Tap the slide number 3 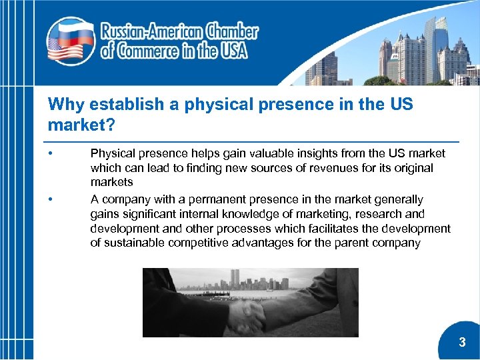pos(462,343)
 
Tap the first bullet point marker pos(51,154)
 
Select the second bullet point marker pos(51,199)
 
